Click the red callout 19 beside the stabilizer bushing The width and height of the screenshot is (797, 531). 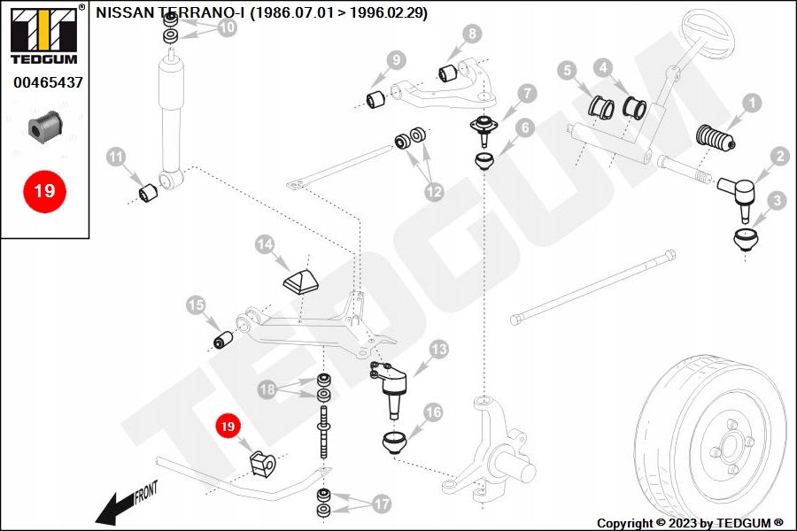228,426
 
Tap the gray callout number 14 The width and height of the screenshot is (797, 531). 266,243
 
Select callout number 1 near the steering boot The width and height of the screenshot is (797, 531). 751,104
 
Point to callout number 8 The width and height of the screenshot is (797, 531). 472,34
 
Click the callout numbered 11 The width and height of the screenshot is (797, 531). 116,158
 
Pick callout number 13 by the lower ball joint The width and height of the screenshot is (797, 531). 438,350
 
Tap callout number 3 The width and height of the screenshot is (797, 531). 776,201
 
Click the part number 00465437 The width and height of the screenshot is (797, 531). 48,83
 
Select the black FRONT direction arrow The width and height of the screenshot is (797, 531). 118,506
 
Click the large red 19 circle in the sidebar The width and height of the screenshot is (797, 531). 44,190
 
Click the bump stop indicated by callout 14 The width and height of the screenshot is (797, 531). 301,281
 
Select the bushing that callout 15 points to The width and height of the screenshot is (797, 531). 224,340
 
